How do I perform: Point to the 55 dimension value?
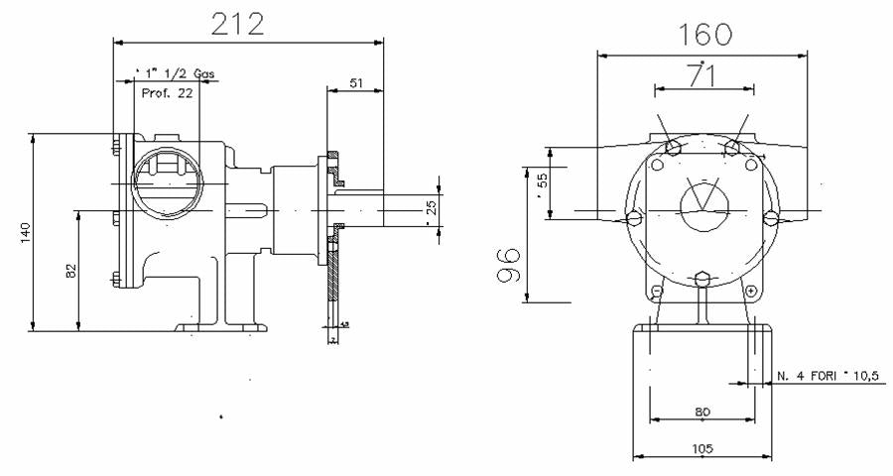pyautogui.click(x=542, y=181)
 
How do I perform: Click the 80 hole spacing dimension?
pyautogui.click(x=702, y=412)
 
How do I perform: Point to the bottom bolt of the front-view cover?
pyautogui.click(x=702, y=279)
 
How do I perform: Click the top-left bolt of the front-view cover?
pyautogui.click(x=672, y=148)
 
